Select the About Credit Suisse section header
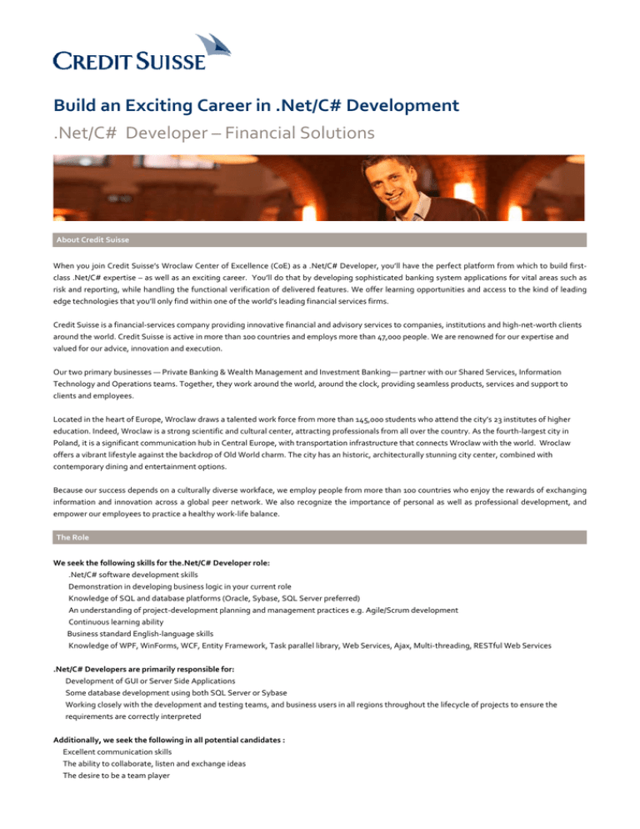pyautogui.click(x=92, y=240)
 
